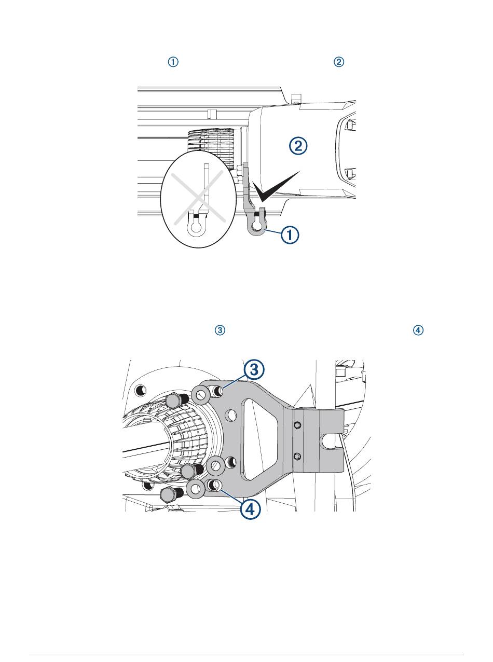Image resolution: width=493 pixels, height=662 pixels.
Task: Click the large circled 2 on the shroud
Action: point(298,146)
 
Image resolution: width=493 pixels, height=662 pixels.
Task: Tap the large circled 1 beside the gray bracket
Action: point(290,235)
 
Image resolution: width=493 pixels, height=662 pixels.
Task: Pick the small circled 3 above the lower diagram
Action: point(220,330)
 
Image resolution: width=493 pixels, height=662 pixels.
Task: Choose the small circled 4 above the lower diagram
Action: point(418,330)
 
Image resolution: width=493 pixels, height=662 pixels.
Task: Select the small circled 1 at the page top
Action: point(173,62)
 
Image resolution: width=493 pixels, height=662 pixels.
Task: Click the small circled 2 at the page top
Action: point(338,62)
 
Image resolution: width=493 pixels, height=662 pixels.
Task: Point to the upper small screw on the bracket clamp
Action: point(296,425)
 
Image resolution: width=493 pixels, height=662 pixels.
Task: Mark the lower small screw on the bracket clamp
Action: point(296,456)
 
